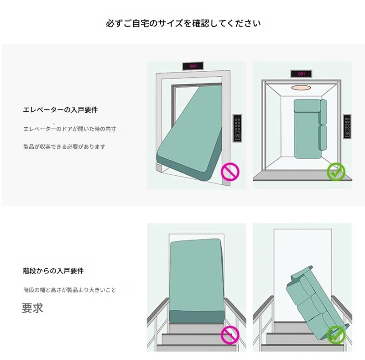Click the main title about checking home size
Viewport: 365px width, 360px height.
pyautogui.click(x=183, y=23)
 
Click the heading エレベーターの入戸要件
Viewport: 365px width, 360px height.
pyautogui.click(x=61, y=110)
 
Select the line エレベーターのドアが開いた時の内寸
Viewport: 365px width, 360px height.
pyautogui.click(x=70, y=129)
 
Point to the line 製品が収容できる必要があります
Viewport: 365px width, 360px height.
pyautogui.click(x=64, y=147)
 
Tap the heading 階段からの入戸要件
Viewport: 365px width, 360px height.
pyautogui.click(x=53, y=271)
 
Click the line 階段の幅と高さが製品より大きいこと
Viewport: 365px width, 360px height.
pyautogui.click(x=70, y=290)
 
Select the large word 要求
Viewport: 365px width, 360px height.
pyautogui.click(x=32, y=308)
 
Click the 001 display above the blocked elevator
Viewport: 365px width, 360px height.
pyautogui.click(x=193, y=66)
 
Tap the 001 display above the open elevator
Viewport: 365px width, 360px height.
pyautogui.click(x=301, y=73)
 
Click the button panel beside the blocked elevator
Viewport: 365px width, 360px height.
pyautogui.click(x=237, y=128)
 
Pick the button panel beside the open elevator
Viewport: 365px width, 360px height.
pyautogui.click(x=347, y=127)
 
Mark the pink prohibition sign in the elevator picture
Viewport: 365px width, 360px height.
pyautogui.click(x=230, y=172)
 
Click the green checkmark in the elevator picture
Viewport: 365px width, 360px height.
pyautogui.click(x=336, y=172)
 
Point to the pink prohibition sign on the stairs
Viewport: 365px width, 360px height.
pyautogui.click(x=230, y=335)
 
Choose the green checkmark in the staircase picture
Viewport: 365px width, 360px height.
pyautogui.click(x=336, y=335)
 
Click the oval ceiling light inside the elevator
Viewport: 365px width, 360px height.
pyautogui.click(x=301, y=88)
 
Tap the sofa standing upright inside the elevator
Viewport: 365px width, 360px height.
pyautogui.click(x=310, y=129)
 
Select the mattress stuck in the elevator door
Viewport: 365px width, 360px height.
pyautogui.click(x=189, y=133)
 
